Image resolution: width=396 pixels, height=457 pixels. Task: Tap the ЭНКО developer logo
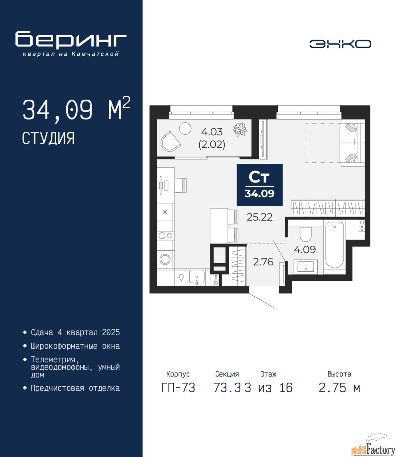pyautogui.click(x=340, y=44)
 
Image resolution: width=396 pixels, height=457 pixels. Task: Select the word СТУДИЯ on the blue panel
pyautogui.click(x=49, y=139)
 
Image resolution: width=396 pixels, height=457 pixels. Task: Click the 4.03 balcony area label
pyautogui.click(x=212, y=132)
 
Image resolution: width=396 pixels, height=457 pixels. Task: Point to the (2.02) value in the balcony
pyautogui.click(x=212, y=145)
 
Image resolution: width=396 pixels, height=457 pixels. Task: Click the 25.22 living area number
pyautogui.click(x=260, y=217)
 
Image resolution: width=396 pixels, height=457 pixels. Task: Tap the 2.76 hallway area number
pyautogui.click(x=263, y=262)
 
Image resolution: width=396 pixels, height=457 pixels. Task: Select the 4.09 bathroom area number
pyautogui.click(x=305, y=250)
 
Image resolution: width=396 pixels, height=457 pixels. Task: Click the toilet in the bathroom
pyautogui.click(x=306, y=234)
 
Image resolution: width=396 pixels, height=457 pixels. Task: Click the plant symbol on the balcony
pyautogui.click(x=240, y=130)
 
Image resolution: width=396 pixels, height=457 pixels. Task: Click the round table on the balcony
pyautogui.click(x=185, y=129)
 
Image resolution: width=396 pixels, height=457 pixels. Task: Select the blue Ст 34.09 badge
pyautogui.click(x=260, y=185)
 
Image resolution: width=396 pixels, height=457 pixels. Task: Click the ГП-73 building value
pyautogui.click(x=178, y=388)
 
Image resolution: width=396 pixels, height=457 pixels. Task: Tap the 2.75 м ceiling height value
pyautogui.click(x=339, y=388)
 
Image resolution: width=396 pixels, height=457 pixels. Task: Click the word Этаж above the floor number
pyautogui.click(x=269, y=374)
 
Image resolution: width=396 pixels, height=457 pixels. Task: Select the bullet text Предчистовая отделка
pyautogui.click(x=75, y=388)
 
